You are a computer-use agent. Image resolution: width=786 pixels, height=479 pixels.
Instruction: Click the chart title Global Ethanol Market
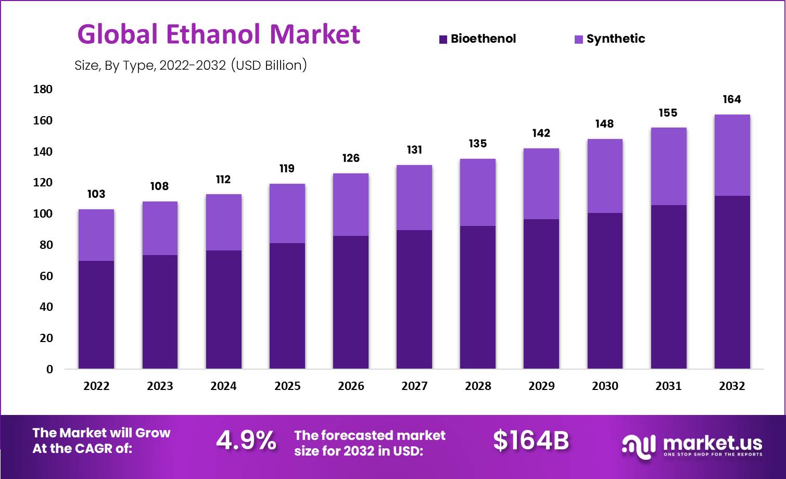coord(219,34)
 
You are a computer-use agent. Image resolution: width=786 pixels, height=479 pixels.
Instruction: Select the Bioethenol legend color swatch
coord(443,40)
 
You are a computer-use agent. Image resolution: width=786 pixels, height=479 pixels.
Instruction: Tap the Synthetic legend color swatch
coord(578,40)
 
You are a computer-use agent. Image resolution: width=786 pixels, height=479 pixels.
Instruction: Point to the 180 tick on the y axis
coord(43,89)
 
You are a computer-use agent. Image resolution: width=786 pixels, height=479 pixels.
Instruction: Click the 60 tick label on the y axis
coord(43,276)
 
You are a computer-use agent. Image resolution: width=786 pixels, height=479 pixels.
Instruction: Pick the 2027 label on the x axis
coord(414,386)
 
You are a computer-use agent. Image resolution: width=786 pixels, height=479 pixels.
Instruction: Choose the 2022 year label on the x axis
coord(96,386)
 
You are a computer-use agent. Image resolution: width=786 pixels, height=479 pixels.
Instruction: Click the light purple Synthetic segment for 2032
coord(732,155)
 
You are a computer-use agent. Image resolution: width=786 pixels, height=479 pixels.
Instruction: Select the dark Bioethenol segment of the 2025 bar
coord(287,306)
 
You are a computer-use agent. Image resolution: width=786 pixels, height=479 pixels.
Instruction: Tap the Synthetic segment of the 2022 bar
coord(96,235)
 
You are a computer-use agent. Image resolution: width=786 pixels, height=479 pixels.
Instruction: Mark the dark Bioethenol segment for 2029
coord(541,294)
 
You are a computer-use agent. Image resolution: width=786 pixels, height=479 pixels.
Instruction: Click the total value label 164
coord(732,99)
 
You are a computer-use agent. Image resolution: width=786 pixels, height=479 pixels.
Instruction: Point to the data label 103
coord(96,194)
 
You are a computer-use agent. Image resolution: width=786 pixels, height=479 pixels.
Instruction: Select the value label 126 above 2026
coord(351,158)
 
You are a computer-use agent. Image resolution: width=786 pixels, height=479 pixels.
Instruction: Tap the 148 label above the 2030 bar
coord(604,124)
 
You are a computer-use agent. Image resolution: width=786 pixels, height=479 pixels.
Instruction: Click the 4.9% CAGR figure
coord(246,440)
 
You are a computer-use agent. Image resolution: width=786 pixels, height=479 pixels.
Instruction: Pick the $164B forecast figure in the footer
coord(531,440)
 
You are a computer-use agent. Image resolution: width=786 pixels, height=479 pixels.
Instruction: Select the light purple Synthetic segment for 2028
coord(478,192)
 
